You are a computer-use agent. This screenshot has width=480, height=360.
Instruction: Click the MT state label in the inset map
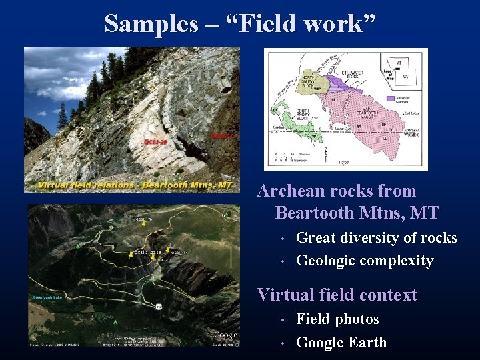pos(399,63)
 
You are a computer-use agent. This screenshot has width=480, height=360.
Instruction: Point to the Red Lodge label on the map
pos(409,113)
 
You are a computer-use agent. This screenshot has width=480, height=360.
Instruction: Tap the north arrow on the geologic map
pos(325,155)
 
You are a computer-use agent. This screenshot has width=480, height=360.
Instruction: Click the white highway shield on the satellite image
pos(159,306)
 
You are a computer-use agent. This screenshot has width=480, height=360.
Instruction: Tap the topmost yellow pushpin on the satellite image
pos(144,225)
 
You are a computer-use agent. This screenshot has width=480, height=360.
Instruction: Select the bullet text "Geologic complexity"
pos(364,261)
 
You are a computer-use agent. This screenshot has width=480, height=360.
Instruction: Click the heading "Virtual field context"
pos(337,295)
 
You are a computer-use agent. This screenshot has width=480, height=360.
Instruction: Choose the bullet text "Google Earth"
pos(341,343)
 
